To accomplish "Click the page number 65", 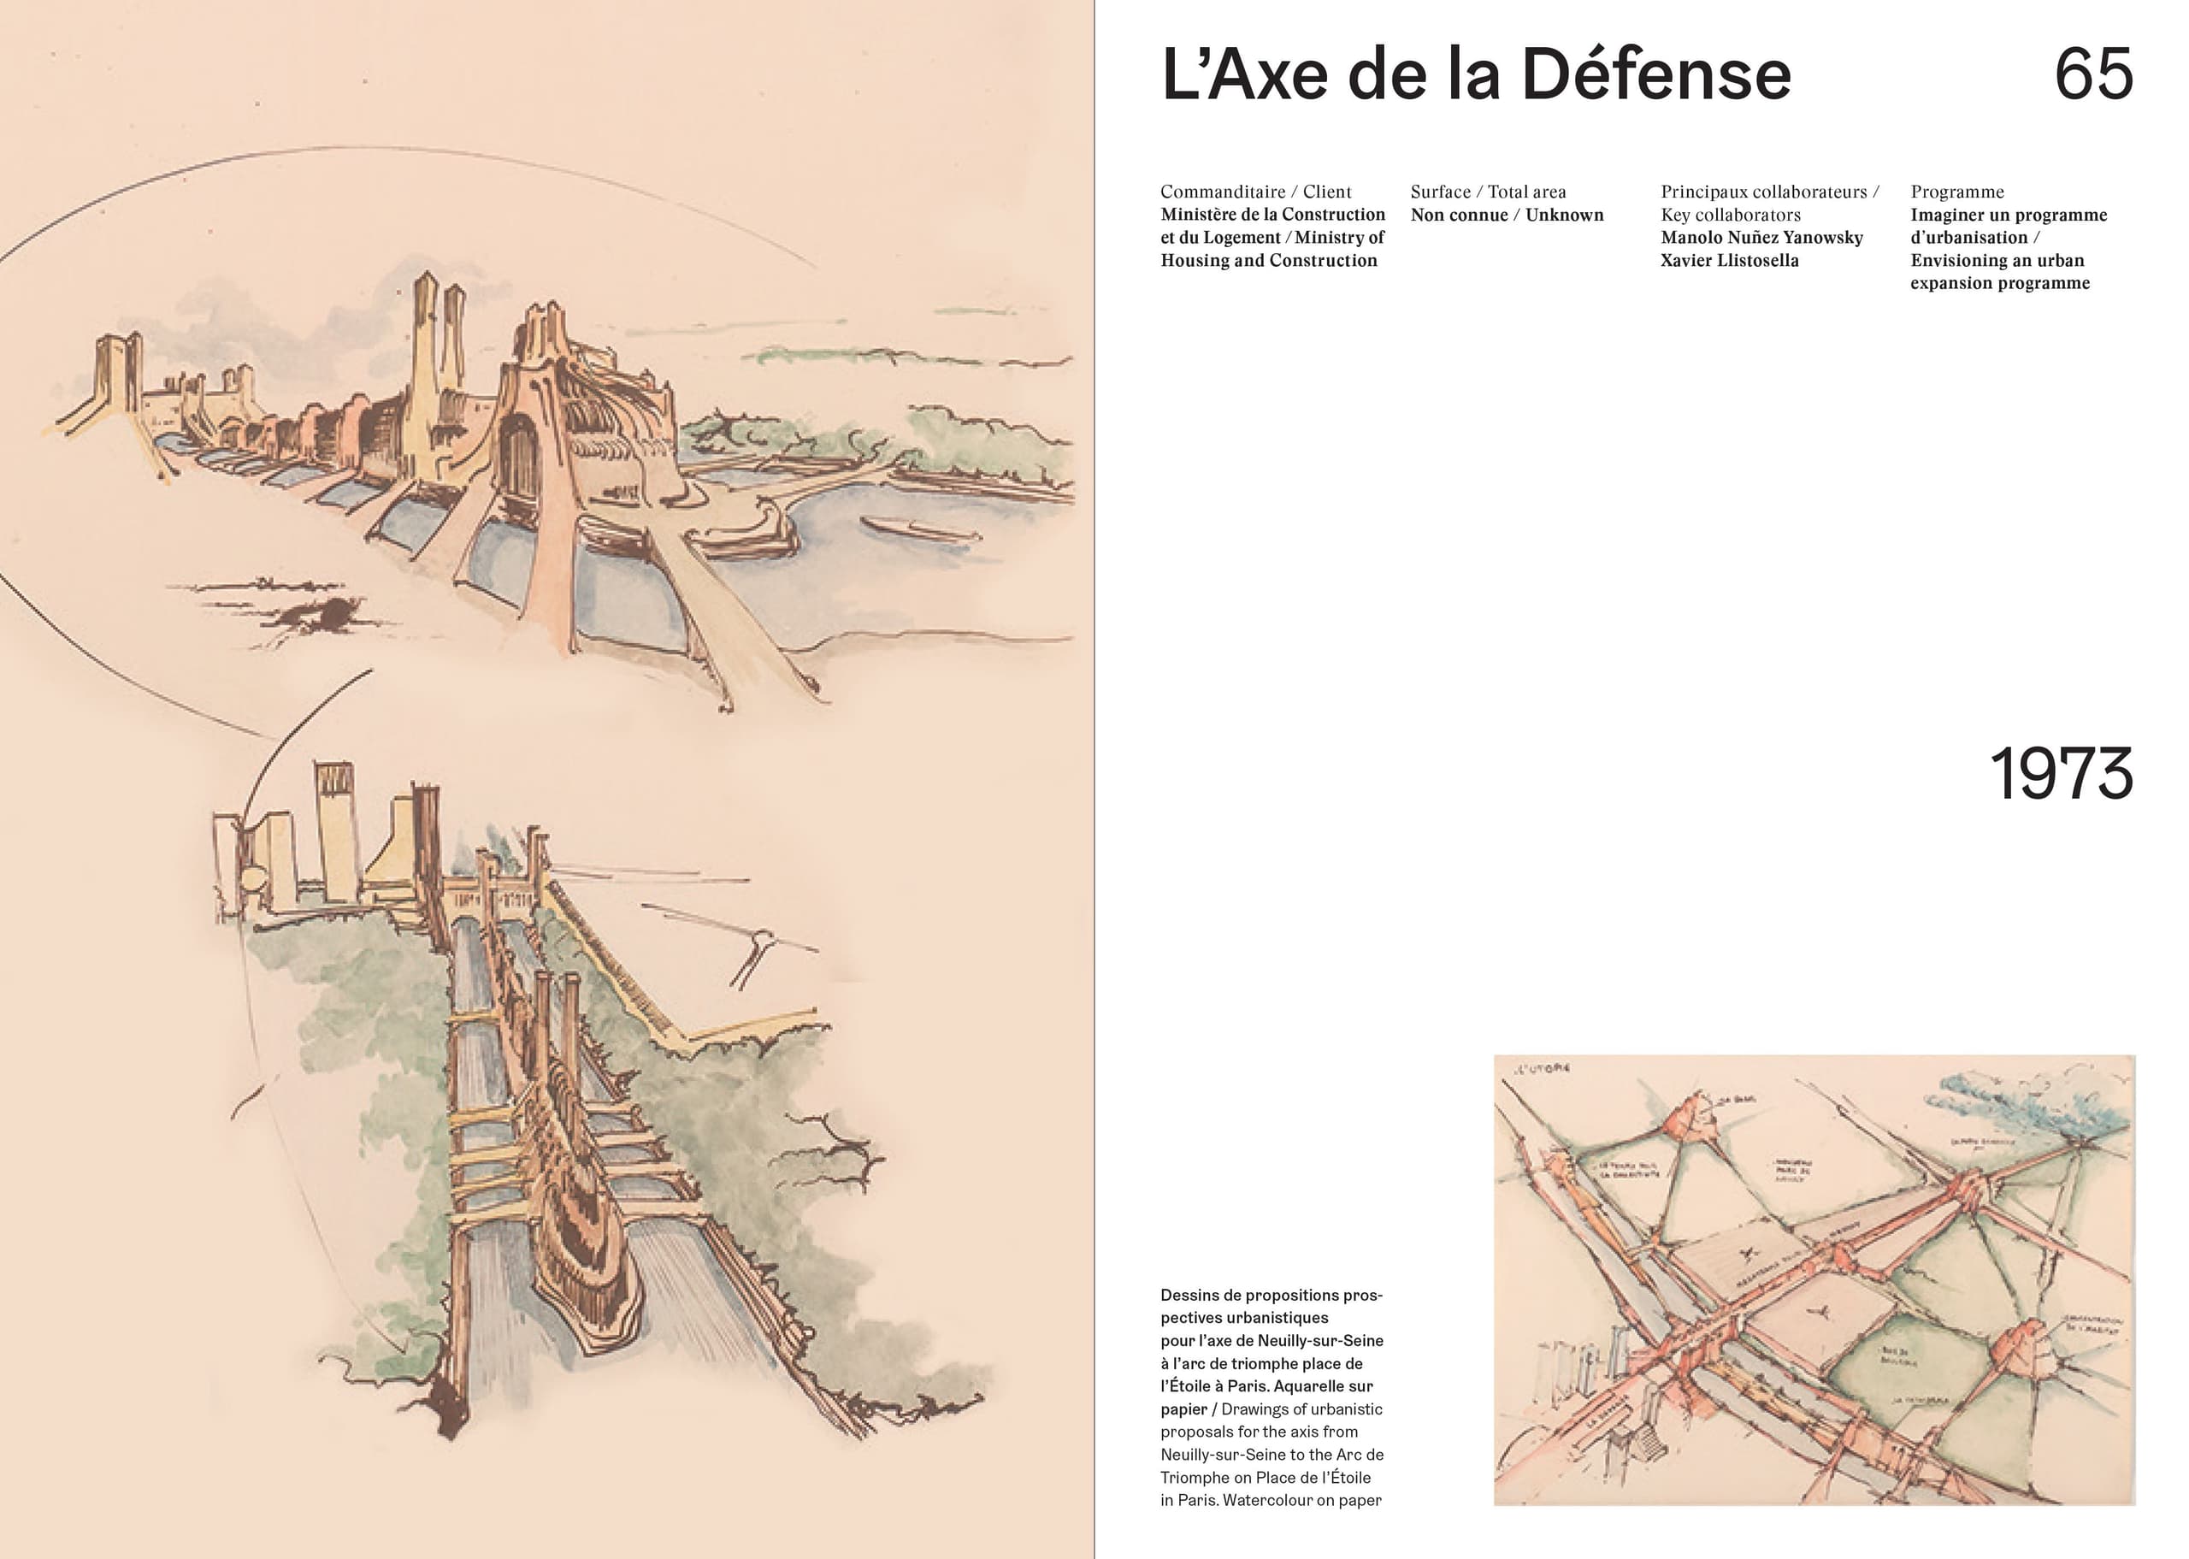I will click(x=2093, y=75).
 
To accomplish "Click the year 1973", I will click(x=2061, y=774).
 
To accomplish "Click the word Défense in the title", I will click(x=1655, y=75).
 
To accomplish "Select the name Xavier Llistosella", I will click(x=1729, y=260).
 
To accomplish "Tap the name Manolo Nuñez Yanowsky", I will click(x=1761, y=237).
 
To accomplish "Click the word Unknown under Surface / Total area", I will click(x=1564, y=215).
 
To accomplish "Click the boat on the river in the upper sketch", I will click(x=917, y=528).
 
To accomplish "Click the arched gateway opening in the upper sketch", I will click(x=519, y=456).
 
